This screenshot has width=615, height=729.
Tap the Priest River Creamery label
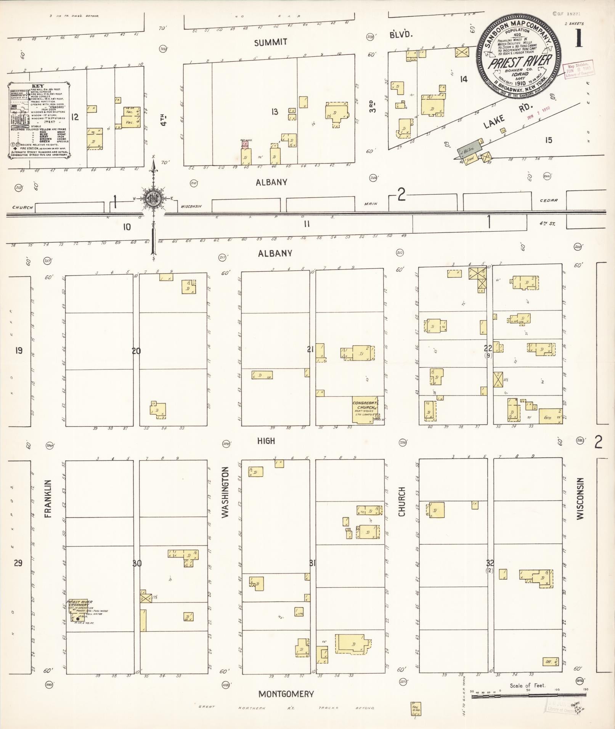pos(80,602)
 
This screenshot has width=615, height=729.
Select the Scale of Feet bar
pos(528,696)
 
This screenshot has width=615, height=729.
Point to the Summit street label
pos(271,42)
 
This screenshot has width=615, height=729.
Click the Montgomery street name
pos(286,694)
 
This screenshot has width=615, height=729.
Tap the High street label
pos(266,441)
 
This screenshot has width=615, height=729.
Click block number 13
pos(275,112)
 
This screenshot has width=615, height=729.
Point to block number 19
pos(19,350)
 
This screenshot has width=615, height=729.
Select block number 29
pos(18,562)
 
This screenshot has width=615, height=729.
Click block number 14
pos(463,79)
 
